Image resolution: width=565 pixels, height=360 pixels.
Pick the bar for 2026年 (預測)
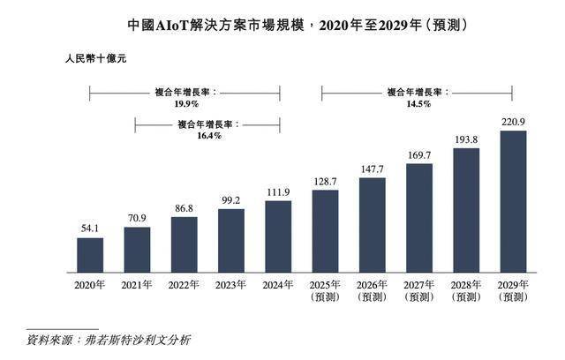click(373, 224)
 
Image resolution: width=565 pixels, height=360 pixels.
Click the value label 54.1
click(89, 228)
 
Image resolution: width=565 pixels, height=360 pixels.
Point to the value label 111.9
click(278, 191)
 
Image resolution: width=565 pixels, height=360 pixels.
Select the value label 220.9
click(514, 122)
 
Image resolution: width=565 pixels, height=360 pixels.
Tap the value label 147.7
click(373, 169)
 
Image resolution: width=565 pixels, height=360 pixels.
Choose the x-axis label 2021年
click(137, 285)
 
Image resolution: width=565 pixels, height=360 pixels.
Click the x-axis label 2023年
click(231, 285)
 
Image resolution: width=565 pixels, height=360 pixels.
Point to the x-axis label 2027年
click(419, 285)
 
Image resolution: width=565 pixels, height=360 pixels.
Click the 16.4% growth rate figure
click(207, 135)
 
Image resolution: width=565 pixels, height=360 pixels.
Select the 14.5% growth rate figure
click(418, 102)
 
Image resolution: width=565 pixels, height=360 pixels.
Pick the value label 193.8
click(467, 139)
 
